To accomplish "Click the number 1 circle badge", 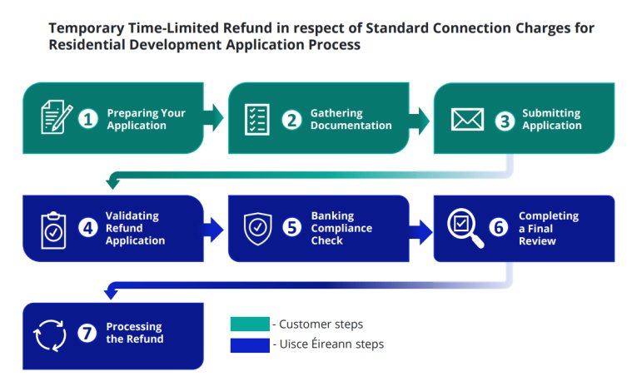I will point(89,120).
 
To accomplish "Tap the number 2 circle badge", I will point(291,120).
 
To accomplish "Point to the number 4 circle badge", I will point(89,228).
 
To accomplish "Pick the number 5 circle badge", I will point(291,228).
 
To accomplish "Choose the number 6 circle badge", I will point(499,228).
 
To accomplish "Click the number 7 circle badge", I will point(89,333).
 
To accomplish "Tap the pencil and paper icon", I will point(56,118).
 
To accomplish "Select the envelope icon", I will point(467,120).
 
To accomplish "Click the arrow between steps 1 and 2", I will point(214,118).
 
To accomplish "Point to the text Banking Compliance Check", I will point(341,228).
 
